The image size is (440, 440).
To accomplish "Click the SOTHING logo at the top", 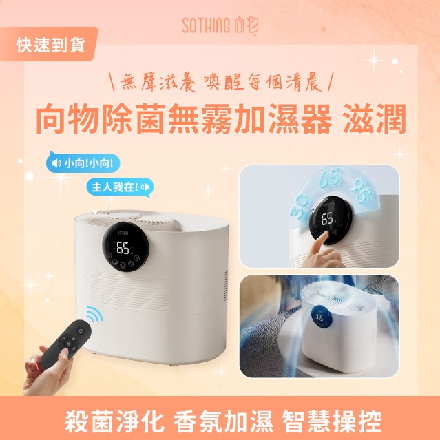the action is [x=220, y=25].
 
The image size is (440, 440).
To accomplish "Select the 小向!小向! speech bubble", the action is [x=83, y=163].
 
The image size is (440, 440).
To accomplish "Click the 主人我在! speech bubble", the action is [x=120, y=187].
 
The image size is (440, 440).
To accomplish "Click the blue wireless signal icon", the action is [x=94, y=314].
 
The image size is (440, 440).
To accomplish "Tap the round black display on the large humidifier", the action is [x=125, y=247].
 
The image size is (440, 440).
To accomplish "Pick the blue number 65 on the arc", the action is [x=330, y=178].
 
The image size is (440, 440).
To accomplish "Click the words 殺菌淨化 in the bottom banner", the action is [x=114, y=421].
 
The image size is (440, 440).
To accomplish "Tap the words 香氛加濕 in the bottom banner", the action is [x=223, y=421].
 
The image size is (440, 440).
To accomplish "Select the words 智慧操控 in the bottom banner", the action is [x=332, y=421].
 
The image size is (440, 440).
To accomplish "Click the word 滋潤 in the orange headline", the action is [x=375, y=118].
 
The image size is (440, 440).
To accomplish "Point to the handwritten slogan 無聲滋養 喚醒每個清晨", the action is [x=222, y=82].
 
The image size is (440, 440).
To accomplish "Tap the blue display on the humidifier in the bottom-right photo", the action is [x=321, y=317].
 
